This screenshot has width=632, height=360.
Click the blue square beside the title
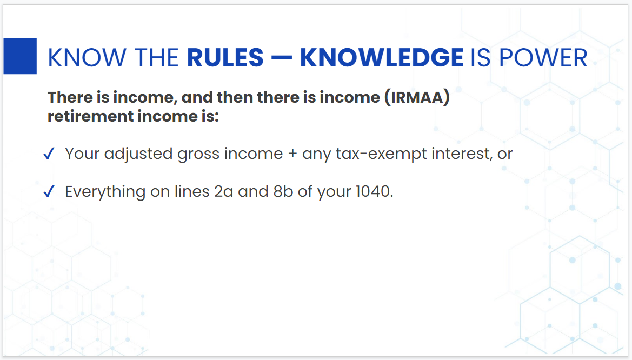[x=20, y=56]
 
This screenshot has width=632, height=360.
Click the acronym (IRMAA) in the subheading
[x=417, y=98]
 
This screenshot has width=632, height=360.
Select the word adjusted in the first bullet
[x=138, y=154]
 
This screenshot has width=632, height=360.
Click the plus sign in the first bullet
[x=292, y=155]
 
